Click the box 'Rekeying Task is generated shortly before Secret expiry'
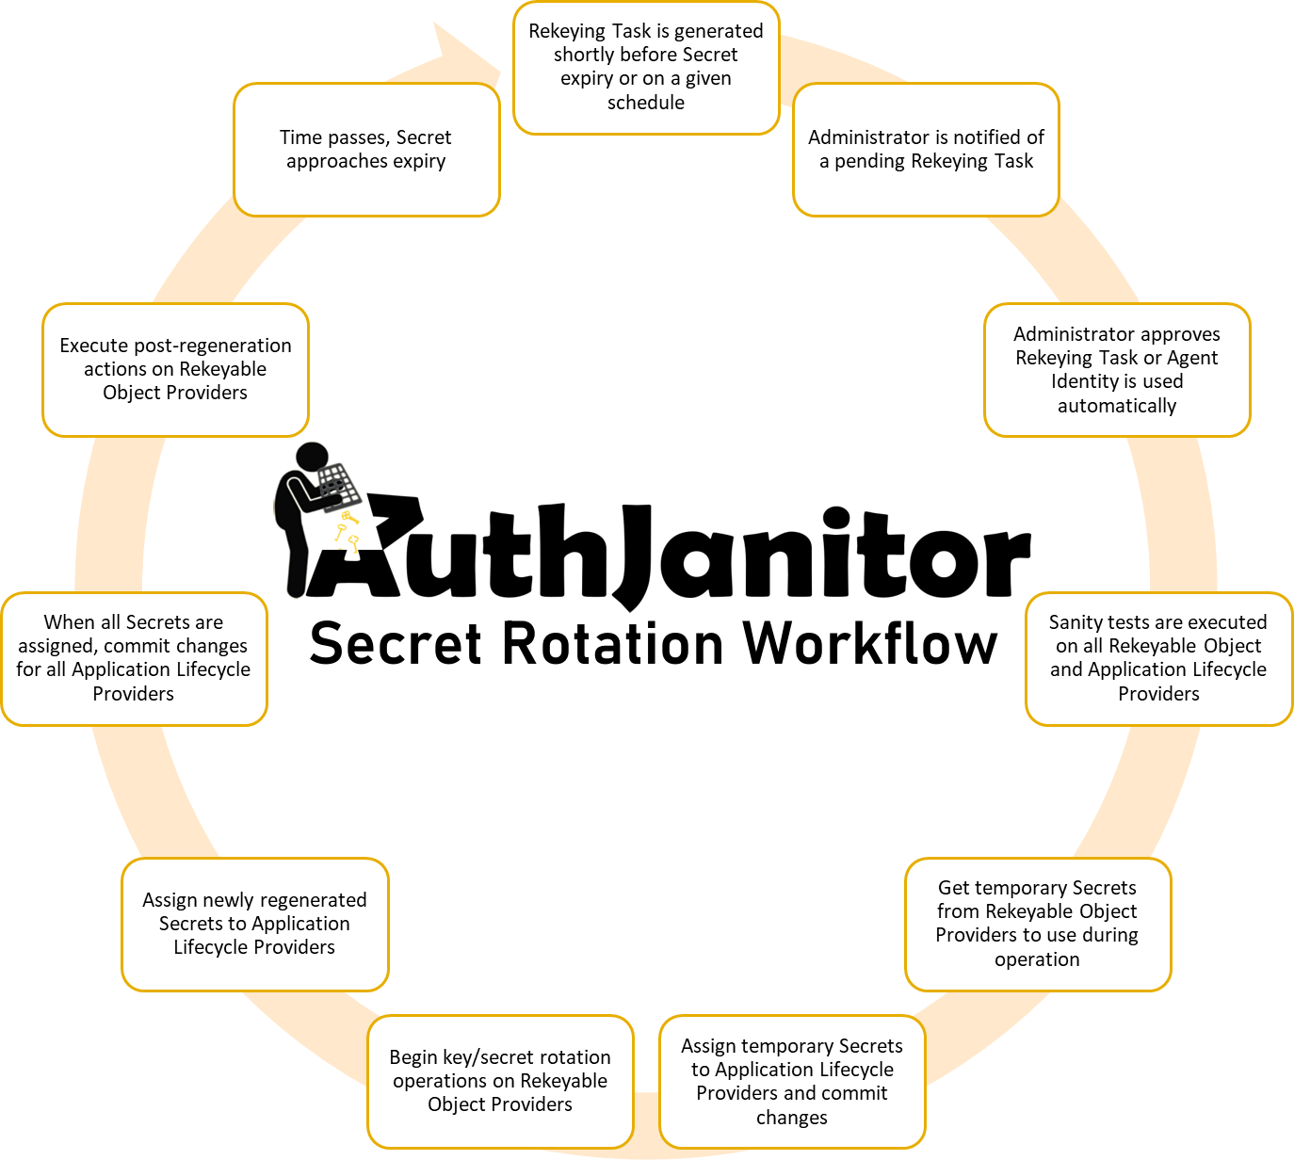pyautogui.click(x=646, y=68)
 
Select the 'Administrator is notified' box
pyautogui.click(x=926, y=150)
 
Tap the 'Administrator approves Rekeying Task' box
pyautogui.click(x=1117, y=370)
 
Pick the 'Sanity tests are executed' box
pyautogui.click(x=1158, y=658)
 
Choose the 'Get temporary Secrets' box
pyautogui.click(x=1037, y=924)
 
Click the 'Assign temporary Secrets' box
pyautogui.click(x=792, y=1082)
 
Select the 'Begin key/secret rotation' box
pyautogui.click(x=500, y=1081)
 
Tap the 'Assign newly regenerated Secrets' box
pyautogui.click(x=254, y=924)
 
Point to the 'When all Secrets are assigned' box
pyautogui.click(x=134, y=658)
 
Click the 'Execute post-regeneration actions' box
pyautogui.click(x=175, y=369)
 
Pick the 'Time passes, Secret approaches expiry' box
pyautogui.click(x=365, y=150)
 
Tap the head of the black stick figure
pyautogui.click(x=312, y=458)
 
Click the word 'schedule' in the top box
pyautogui.click(x=646, y=103)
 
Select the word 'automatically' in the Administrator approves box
pyautogui.click(x=1117, y=406)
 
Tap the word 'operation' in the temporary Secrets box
pyautogui.click(x=1037, y=959)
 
